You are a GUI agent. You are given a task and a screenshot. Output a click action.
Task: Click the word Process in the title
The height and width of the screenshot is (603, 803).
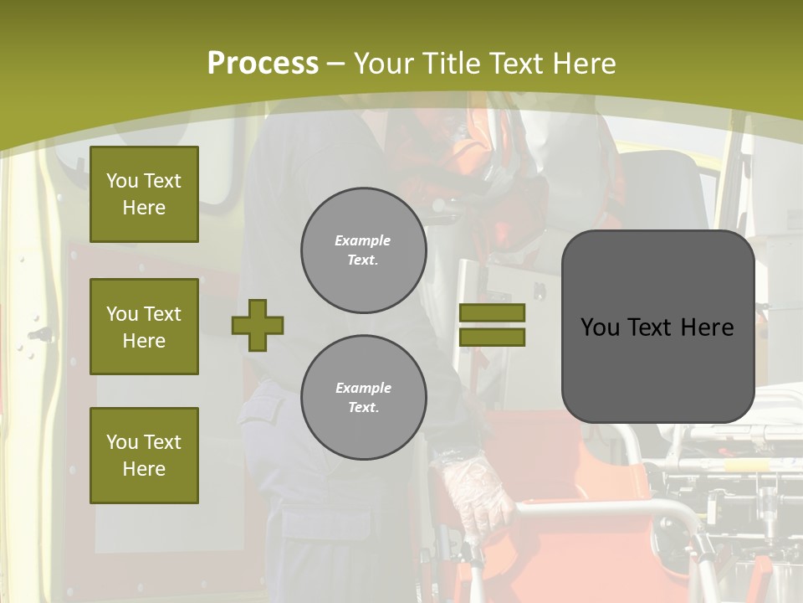pos(263,64)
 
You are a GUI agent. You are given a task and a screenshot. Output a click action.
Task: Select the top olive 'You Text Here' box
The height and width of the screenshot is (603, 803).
pos(144,194)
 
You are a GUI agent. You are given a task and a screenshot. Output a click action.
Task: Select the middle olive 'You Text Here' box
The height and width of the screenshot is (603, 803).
pos(144,327)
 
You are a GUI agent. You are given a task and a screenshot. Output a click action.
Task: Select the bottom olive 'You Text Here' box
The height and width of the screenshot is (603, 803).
pos(144,456)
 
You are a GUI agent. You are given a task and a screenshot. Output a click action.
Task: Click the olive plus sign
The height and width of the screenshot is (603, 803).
pos(258,325)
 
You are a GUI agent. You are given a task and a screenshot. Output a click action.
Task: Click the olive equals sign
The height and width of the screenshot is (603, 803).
pos(493,325)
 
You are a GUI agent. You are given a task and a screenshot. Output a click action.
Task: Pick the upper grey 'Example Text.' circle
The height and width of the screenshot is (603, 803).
pos(363,250)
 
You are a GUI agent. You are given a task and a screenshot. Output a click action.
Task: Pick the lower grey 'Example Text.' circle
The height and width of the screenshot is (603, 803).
pos(363,398)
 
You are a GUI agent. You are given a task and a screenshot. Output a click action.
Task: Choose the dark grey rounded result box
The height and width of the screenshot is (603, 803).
pos(657,327)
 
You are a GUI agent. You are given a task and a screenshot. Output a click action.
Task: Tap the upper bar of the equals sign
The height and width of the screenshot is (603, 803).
pos(493,312)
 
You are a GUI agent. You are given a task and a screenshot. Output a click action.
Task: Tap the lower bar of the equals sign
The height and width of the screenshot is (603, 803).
pos(493,338)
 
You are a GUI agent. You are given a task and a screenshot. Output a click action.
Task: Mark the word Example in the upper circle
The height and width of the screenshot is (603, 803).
pos(363,241)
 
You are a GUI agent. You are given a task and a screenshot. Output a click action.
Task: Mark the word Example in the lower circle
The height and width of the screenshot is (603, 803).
pos(363,389)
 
